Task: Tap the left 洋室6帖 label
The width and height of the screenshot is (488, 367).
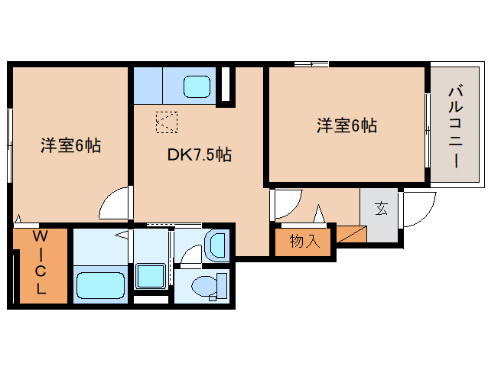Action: pos(70,145)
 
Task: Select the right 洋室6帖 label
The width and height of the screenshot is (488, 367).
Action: pos(346,125)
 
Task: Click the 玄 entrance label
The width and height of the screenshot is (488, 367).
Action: pos(380,207)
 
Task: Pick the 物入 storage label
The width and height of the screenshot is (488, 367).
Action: pos(304,242)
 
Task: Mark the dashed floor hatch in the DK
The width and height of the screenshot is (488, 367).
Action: pos(166,122)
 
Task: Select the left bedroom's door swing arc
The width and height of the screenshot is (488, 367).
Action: pos(115,203)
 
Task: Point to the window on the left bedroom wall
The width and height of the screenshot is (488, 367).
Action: pos(10,145)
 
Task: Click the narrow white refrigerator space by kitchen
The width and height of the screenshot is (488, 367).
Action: pos(226,86)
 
